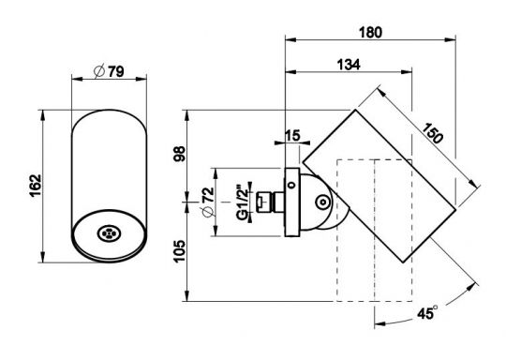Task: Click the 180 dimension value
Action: (370, 32)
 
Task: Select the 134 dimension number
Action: (349, 65)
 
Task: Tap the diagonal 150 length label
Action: (432, 133)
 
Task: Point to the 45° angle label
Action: (427, 312)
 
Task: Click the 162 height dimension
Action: (36, 185)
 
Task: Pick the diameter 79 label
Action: (109, 71)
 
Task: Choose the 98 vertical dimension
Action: (179, 154)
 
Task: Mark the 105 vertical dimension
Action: (179, 251)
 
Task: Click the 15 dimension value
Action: (292, 136)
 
